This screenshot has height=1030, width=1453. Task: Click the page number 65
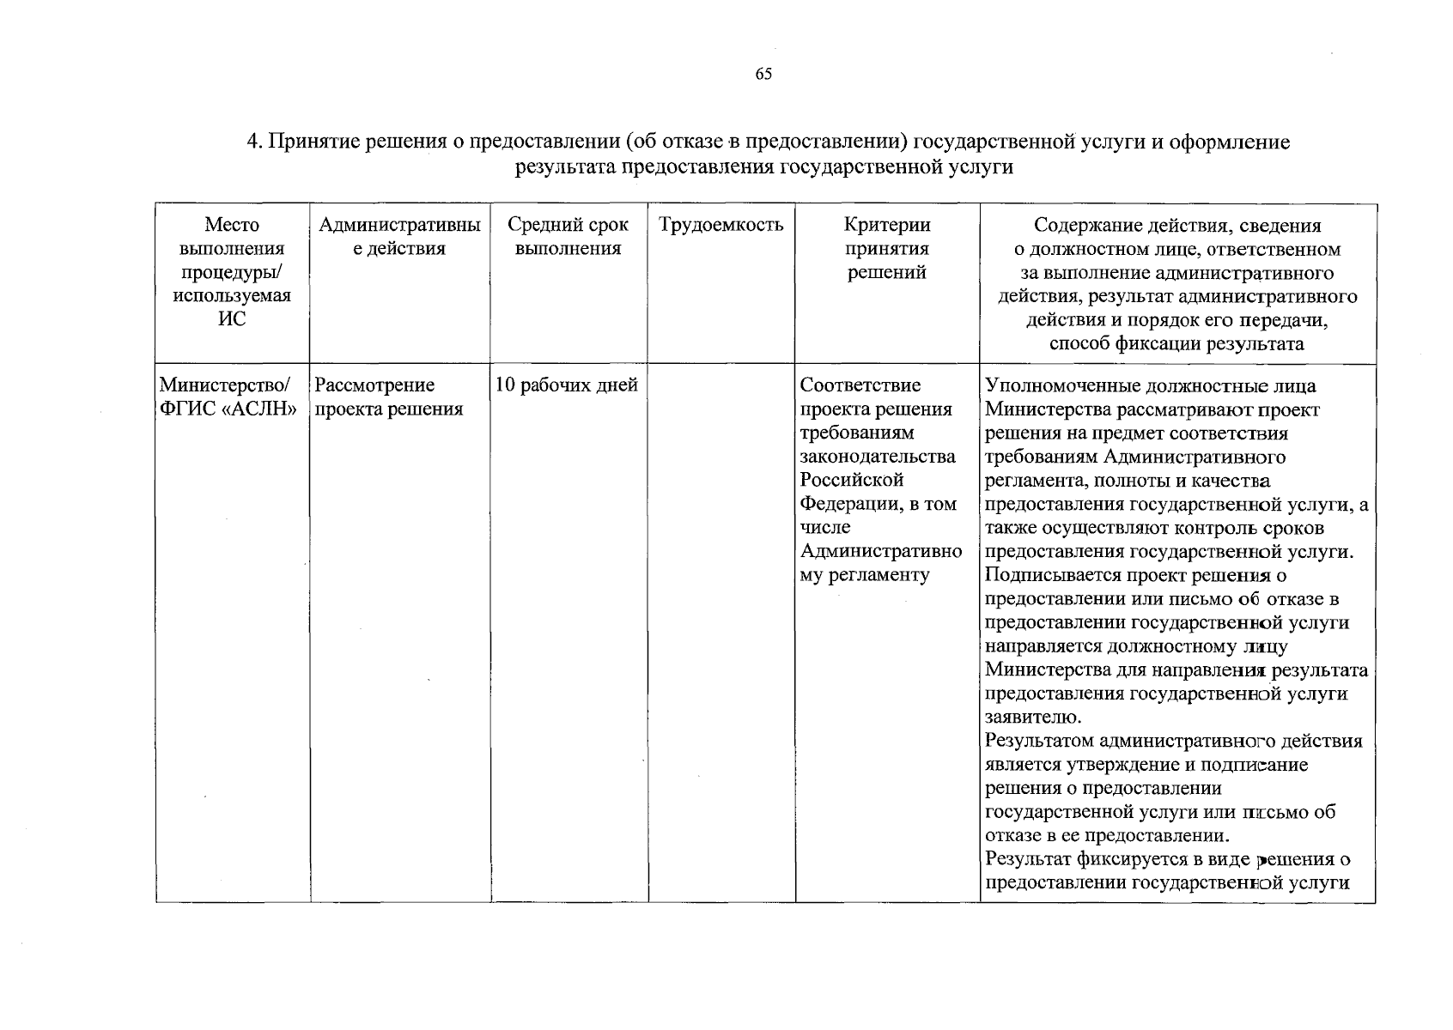[x=763, y=74]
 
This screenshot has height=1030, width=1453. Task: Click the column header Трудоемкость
[x=721, y=226]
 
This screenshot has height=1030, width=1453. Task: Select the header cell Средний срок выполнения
[x=568, y=237]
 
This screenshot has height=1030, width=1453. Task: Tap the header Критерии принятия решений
[x=887, y=249]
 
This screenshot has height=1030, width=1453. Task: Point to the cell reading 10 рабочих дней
[x=567, y=385]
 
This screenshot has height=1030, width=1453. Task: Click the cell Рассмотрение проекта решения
[x=388, y=397]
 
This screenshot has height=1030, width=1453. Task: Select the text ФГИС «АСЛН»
[x=228, y=409]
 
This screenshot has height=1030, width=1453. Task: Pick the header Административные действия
[x=399, y=237]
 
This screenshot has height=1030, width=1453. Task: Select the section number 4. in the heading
[x=254, y=142]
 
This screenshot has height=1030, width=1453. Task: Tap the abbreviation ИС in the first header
[x=232, y=319]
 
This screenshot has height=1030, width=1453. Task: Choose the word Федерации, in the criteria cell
[x=848, y=504]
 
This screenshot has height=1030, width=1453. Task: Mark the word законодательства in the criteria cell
[x=878, y=457]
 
